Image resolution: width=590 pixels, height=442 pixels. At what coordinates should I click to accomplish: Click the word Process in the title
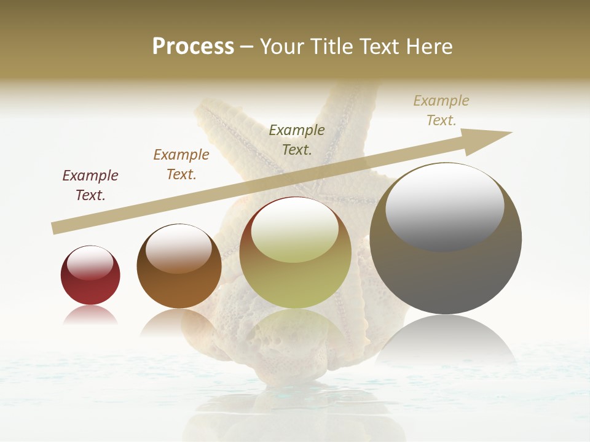tap(193, 47)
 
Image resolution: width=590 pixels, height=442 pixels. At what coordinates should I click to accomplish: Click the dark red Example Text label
tap(90, 185)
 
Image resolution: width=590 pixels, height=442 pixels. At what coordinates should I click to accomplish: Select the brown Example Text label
tap(181, 165)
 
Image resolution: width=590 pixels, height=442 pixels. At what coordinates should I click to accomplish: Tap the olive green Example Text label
tap(297, 139)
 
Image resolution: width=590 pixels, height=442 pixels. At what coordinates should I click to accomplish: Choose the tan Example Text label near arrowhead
tap(441, 110)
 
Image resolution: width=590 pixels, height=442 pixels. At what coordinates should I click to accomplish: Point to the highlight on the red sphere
tap(90, 263)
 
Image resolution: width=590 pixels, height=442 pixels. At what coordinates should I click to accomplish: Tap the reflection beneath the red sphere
tap(90, 316)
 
